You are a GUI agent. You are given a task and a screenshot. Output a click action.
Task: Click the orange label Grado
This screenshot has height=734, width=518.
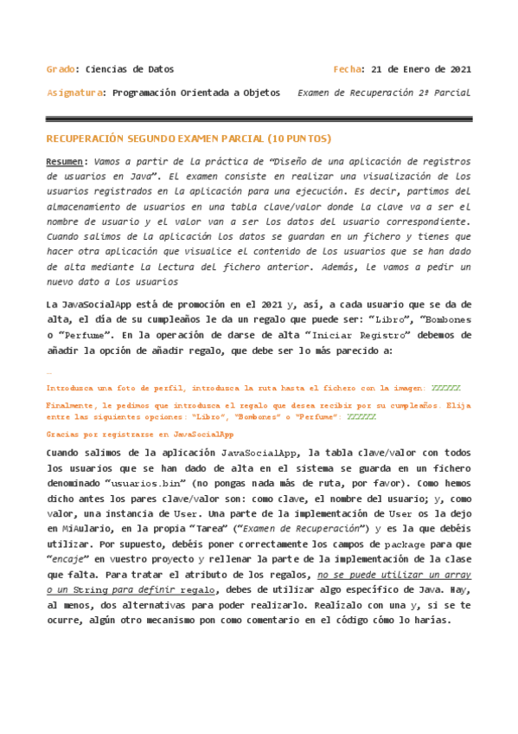[x=60, y=69]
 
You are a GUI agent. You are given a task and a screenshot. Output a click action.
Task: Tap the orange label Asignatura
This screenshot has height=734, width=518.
[x=74, y=93]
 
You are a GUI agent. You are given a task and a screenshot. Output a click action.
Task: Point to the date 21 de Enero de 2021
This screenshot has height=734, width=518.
[x=420, y=69]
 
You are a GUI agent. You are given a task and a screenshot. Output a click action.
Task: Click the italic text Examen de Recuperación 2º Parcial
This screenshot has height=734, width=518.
[x=384, y=93]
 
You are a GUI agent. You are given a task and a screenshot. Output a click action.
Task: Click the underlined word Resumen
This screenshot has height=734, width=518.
[x=66, y=162]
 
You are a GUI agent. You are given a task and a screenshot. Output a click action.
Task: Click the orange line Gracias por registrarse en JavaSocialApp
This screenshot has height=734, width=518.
[x=140, y=433]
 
